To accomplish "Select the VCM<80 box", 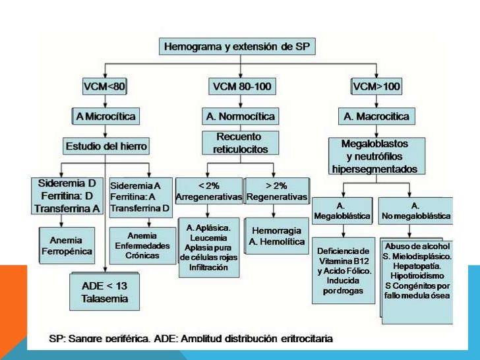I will [105, 86].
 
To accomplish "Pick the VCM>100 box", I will [376, 86].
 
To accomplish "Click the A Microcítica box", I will [105, 116].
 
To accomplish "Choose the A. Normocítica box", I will [239, 116].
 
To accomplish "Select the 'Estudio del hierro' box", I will [107, 146].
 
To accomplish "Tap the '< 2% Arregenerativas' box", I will [209, 191].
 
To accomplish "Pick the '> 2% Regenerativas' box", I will [277, 191].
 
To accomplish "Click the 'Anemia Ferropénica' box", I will [66, 245].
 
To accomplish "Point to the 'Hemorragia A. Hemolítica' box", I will [277, 236].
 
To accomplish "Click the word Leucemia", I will [208, 237].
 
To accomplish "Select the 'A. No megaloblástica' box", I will [416, 210].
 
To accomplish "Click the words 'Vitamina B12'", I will [343, 260].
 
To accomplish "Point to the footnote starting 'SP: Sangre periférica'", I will [191, 338].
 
